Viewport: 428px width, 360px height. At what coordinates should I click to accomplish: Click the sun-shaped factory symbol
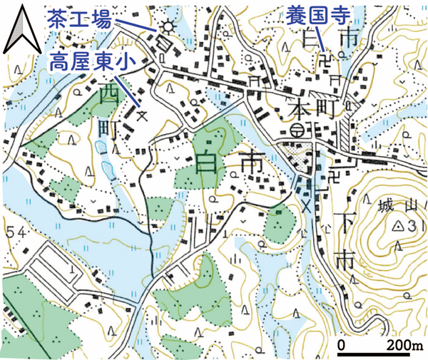click(168, 27)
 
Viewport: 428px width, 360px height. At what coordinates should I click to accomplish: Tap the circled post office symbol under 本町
click(297, 130)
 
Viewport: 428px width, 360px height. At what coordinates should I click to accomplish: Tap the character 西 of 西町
click(108, 93)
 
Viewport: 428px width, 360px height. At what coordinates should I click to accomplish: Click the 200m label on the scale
click(404, 346)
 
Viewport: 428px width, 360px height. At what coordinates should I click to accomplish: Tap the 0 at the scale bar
click(342, 346)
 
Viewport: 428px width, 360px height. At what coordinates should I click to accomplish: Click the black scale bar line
click(379, 354)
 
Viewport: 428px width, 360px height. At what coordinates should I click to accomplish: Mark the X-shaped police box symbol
click(307, 207)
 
